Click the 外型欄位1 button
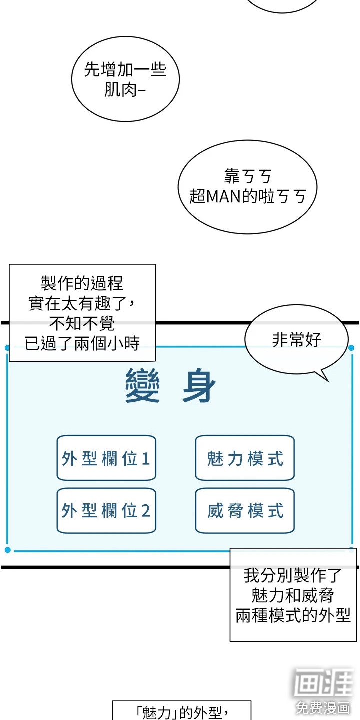pyautogui.click(x=106, y=458)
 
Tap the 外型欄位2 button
pyautogui.click(x=106, y=511)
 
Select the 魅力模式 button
pyautogui.click(x=245, y=458)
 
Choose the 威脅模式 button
pyautogui.click(x=245, y=511)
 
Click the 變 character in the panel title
pyautogui.click(x=142, y=386)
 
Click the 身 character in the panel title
pyautogui.click(x=199, y=386)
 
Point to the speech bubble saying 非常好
pyautogui.click(x=296, y=340)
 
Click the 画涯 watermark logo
pyautogui.click(x=323, y=682)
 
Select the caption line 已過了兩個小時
pyautogui.click(x=82, y=343)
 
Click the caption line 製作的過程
pyautogui.click(x=82, y=284)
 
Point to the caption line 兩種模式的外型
pyautogui.click(x=293, y=615)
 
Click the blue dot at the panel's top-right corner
pyautogui.click(x=351, y=348)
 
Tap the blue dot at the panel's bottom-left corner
pyautogui.click(x=7, y=550)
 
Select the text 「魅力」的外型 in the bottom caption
pyautogui.click(x=181, y=712)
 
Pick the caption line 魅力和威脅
pyautogui.click(x=293, y=595)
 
